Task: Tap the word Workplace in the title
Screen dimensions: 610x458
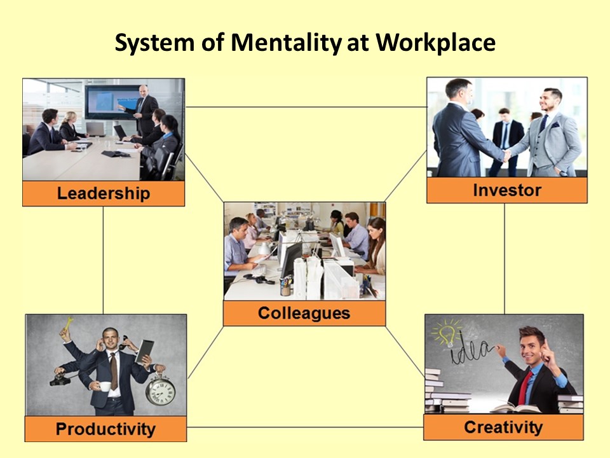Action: [x=435, y=43]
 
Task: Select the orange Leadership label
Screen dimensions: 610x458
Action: [x=104, y=193]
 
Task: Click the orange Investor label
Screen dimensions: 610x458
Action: [x=507, y=190]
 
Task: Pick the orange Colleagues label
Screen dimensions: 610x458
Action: [x=304, y=313]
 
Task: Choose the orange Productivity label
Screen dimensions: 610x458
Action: [x=105, y=429]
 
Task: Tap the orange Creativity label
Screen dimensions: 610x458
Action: [x=503, y=427]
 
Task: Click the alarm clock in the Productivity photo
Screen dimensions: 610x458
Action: [x=160, y=390]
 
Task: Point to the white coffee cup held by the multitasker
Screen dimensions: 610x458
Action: [x=104, y=386]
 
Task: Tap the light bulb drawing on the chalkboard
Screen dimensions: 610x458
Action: [x=448, y=333]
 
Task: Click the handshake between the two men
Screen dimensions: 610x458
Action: [x=506, y=155]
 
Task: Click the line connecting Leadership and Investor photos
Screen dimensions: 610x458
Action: [x=306, y=107]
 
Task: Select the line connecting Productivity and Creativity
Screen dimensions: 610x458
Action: [x=305, y=427]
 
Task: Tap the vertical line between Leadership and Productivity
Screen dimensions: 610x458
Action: [x=103, y=260]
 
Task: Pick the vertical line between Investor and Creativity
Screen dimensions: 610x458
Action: [x=505, y=259]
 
